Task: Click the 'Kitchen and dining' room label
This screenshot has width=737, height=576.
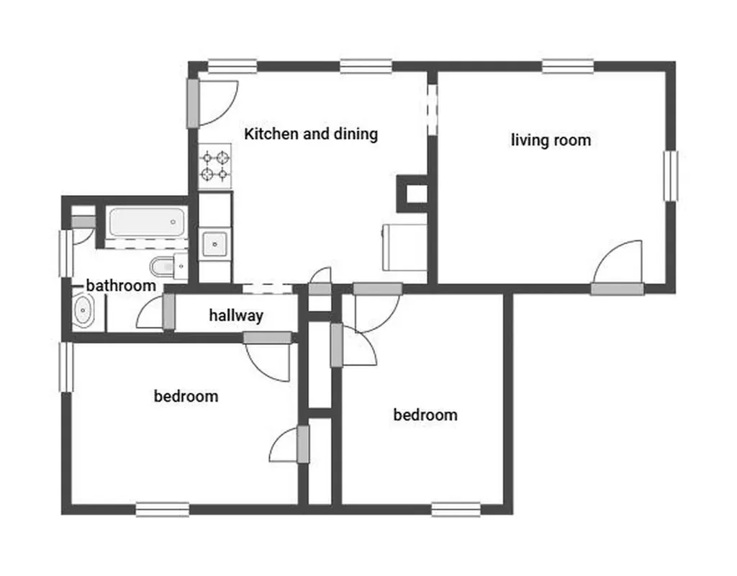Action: [x=311, y=134]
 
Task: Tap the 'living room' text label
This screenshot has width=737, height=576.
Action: [x=551, y=140]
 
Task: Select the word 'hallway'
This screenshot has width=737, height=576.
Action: [x=236, y=315]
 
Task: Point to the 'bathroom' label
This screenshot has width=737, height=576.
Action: [x=121, y=285]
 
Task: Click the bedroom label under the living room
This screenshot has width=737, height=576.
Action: [x=425, y=415]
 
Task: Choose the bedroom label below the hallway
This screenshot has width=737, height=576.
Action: [x=186, y=396]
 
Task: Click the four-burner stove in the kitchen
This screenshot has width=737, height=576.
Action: [x=214, y=166]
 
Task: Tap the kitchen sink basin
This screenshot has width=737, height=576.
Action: [x=214, y=244]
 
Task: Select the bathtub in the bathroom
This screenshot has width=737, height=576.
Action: [x=147, y=222]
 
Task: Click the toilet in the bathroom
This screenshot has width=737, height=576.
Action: [x=169, y=266]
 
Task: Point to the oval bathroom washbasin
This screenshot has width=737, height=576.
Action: [x=83, y=310]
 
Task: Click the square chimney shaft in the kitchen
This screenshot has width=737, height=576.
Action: [x=412, y=194]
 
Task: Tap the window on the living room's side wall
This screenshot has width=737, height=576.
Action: [x=671, y=176]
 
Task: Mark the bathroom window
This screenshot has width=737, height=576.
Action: [x=66, y=253]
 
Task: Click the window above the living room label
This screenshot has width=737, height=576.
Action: [x=568, y=66]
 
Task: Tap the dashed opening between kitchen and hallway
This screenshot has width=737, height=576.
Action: [x=268, y=289]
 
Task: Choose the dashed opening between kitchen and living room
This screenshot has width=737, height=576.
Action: [x=433, y=109]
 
